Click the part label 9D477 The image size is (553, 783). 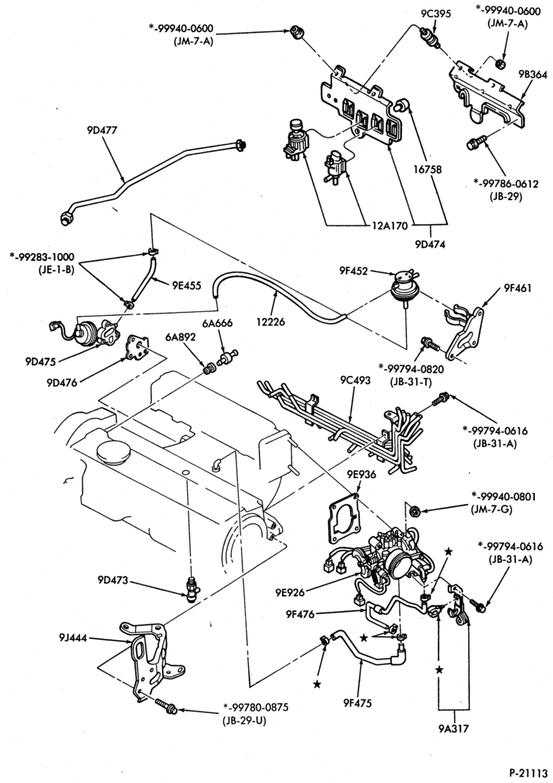101,130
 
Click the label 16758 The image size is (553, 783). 427,169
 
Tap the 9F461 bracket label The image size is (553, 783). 518,289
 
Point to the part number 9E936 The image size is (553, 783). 362,474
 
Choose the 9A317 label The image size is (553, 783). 454,729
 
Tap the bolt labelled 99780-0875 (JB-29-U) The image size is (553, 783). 163,708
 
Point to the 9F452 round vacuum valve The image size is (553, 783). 403,285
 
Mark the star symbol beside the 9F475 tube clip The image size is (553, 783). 317,684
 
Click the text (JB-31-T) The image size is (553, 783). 412,383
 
